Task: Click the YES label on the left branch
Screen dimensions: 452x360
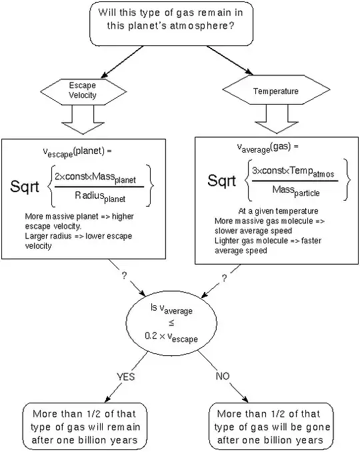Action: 126,377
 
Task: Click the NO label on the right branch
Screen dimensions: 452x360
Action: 221,377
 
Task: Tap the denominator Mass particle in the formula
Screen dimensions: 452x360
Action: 297,192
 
